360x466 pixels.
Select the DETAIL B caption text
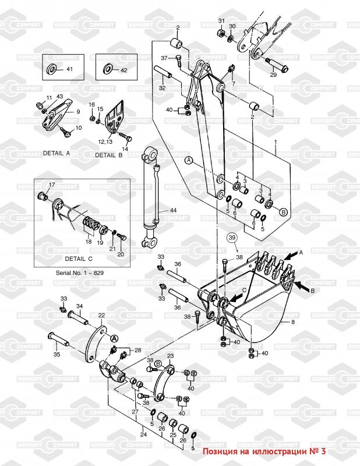click(108, 155)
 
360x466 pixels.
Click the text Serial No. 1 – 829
click(76, 273)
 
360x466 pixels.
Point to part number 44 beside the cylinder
click(173, 210)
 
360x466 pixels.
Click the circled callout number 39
click(232, 238)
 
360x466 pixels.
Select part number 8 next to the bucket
click(293, 322)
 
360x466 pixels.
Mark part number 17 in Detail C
click(51, 185)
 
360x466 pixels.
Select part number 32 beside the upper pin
click(162, 88)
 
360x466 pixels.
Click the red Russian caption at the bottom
click(263, 451)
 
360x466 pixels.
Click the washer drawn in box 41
click(52, 70)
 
